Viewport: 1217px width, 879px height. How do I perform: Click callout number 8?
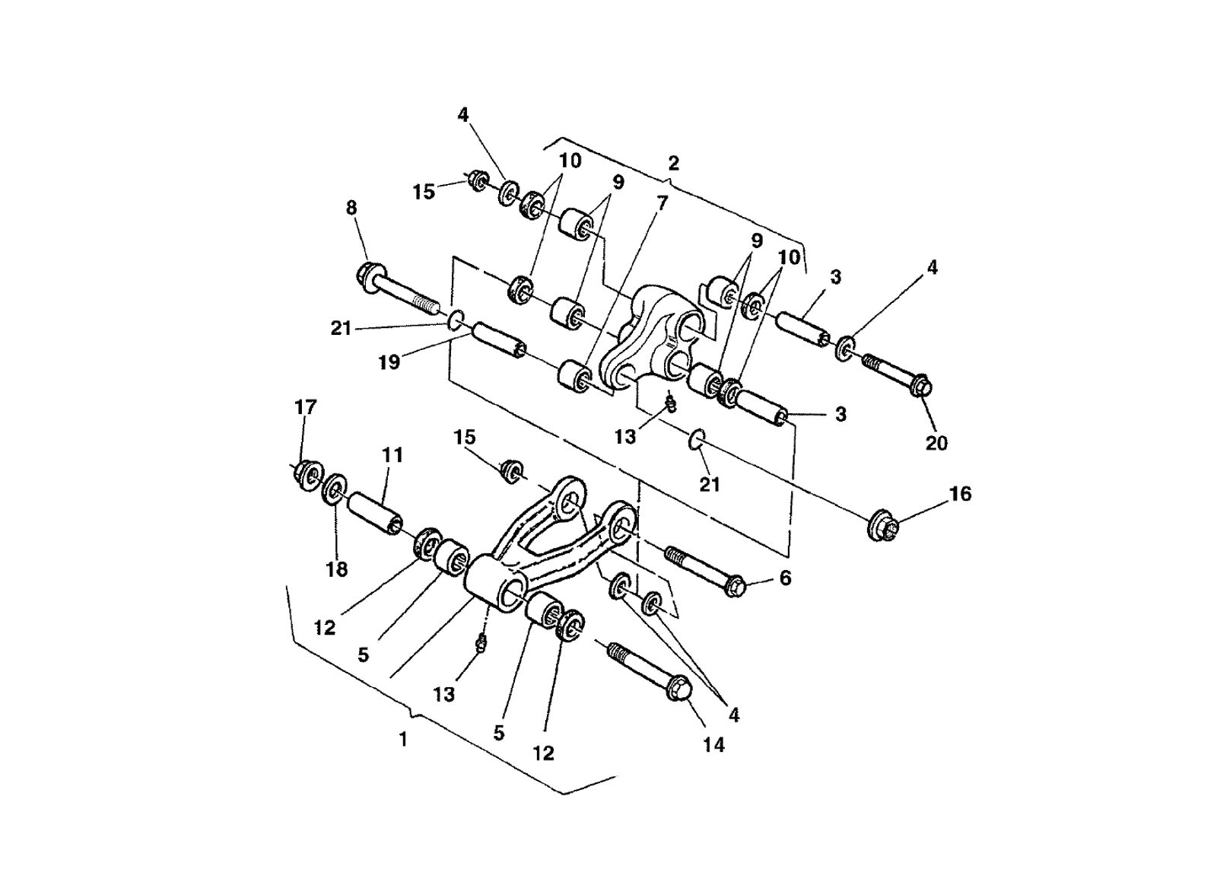point(351,208)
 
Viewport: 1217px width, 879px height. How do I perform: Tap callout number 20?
point(936,442)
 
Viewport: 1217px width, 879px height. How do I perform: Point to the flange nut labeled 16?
point(883,524)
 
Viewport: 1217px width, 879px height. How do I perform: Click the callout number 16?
point(961,494)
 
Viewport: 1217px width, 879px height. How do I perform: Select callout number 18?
point(336,568)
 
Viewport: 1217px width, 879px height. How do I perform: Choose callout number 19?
point(389,363)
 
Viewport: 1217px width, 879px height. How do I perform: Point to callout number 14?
point(713,745)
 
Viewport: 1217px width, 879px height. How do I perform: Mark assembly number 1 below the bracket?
point(403,739)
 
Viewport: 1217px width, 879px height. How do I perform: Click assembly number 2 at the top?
point(674,163)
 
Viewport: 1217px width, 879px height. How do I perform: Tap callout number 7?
point(663,203)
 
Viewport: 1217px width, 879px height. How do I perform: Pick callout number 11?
point(392,455)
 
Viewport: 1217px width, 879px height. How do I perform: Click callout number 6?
point(786,578)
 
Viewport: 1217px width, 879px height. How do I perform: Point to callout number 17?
point(305,407)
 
